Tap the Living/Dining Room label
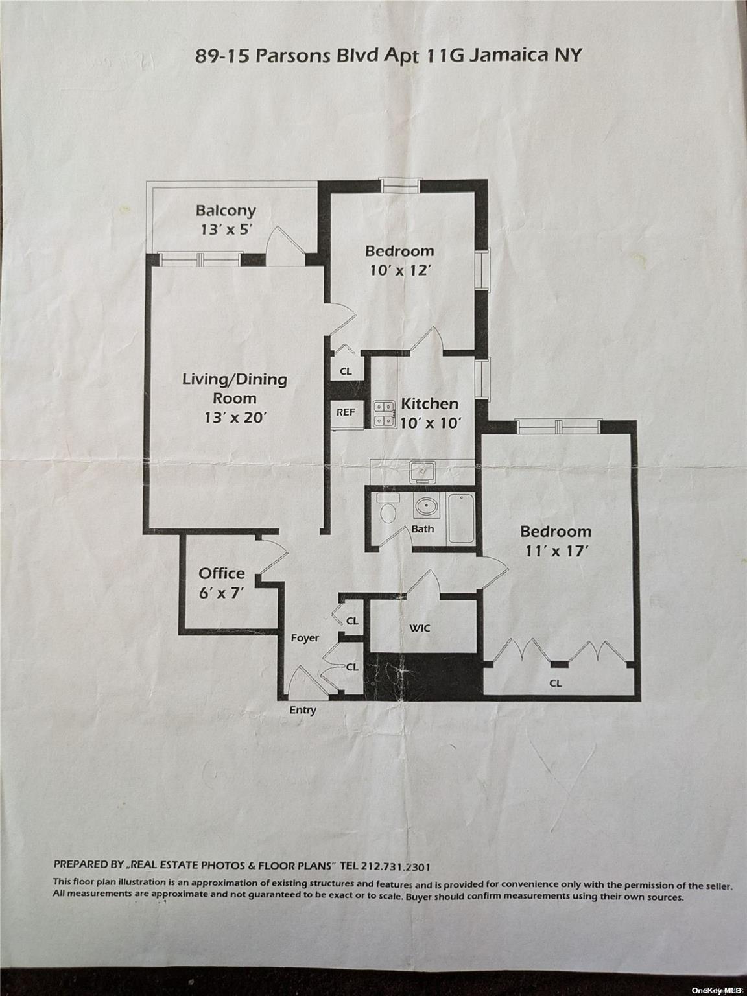(234, 388)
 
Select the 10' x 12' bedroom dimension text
(399, 270)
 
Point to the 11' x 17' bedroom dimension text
(556, 551)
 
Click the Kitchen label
(429, 403)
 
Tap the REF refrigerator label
(345, 412)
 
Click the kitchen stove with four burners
(385, 414)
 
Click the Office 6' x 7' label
(222, 582)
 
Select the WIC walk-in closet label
(420, 628)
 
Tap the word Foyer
(305, 637)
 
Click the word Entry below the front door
(303, 709)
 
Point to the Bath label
(423, 528)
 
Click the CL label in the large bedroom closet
(556, 683)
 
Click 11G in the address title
(446, 55)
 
